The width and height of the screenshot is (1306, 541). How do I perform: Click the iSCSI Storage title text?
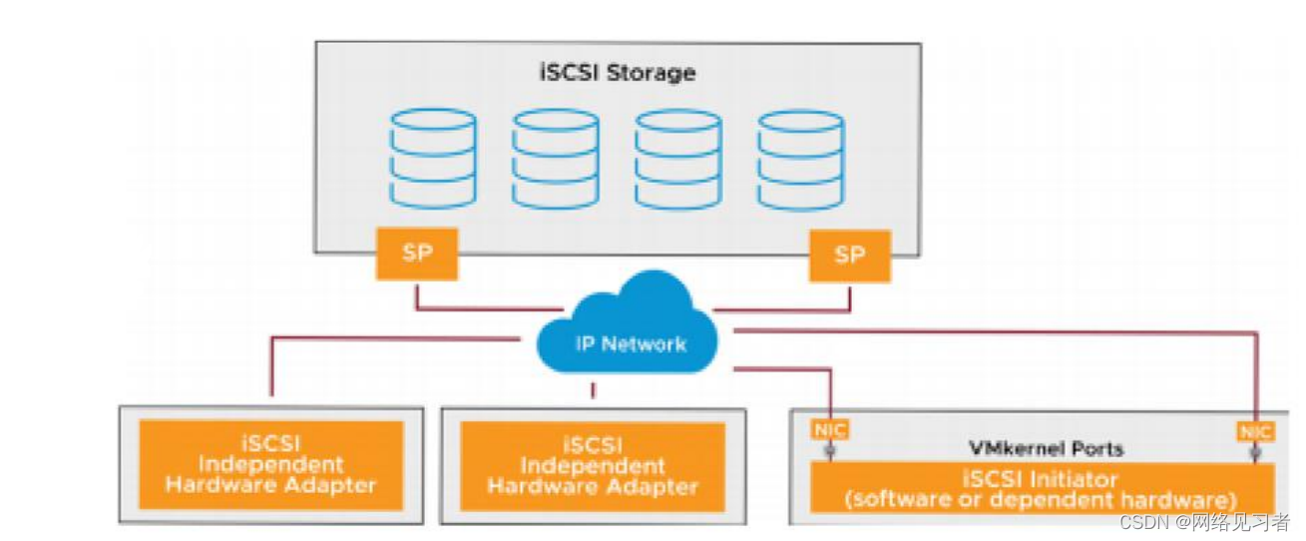click(618, 73)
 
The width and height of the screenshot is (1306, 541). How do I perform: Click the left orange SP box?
click(417, 253)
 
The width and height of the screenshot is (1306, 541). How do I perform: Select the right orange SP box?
click(849, 255)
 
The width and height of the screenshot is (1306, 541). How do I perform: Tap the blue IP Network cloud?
click(629, 329)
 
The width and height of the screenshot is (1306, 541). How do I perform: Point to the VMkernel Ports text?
click(1046, 448)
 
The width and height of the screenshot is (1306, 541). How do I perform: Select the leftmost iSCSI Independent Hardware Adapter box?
click(270, 465)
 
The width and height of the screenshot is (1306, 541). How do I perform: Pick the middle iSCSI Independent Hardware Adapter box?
click(593, 467)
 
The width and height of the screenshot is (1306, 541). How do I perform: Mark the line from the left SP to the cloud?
click(469, 308)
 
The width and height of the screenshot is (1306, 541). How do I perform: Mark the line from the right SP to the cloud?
click(788, 309)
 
